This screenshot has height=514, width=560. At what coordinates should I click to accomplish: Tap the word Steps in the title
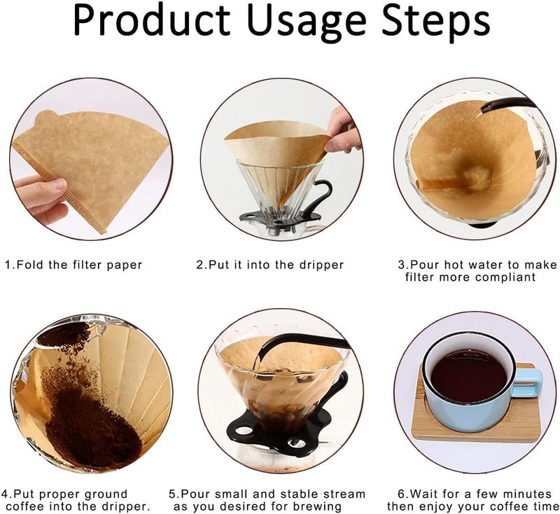[x=435, y=22]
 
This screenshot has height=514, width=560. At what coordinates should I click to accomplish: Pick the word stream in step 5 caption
[x=344, y=494]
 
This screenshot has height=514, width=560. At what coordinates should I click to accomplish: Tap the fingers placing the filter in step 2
[x=342, y=132]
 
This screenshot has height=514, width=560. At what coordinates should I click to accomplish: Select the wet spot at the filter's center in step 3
[x=477, y=176]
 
